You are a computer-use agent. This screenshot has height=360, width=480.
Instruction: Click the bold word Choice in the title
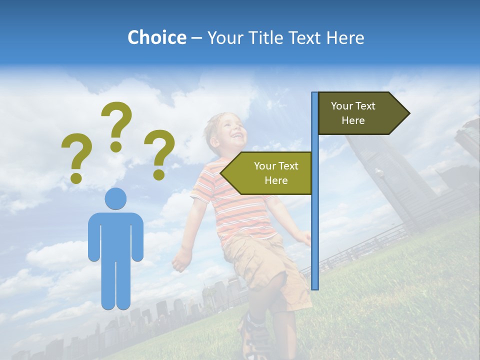pyautogui.click(x=156, y=37)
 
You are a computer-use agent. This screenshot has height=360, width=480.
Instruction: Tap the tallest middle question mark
pyautogui.click(x=116, y=125)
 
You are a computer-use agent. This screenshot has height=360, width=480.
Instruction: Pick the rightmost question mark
pyautogui.click(x=159, y=153)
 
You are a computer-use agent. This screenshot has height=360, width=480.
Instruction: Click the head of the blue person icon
pyautogui.click(x=115, y=198)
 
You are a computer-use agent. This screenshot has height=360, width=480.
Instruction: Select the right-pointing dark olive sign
pyautogui.click(x=360, y=113)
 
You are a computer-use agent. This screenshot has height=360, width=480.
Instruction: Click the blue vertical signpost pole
pyautogui.click(x=315, y=225)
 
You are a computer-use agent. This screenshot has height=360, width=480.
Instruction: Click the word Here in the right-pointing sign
pyautogui.click(x=353, y=120)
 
